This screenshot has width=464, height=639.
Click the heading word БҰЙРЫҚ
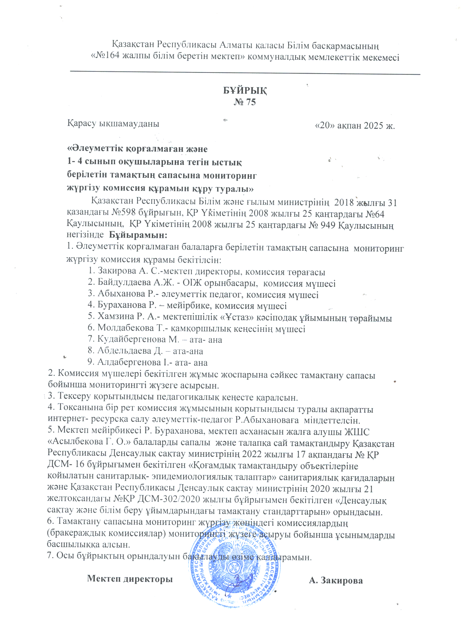245,90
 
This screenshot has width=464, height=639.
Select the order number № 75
245,102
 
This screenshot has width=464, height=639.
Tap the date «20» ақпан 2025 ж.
355,126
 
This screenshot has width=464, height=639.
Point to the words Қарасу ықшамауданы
113,124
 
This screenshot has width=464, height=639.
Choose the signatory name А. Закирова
336,580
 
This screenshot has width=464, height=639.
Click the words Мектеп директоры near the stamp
130,579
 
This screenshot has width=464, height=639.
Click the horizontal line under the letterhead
245,73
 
